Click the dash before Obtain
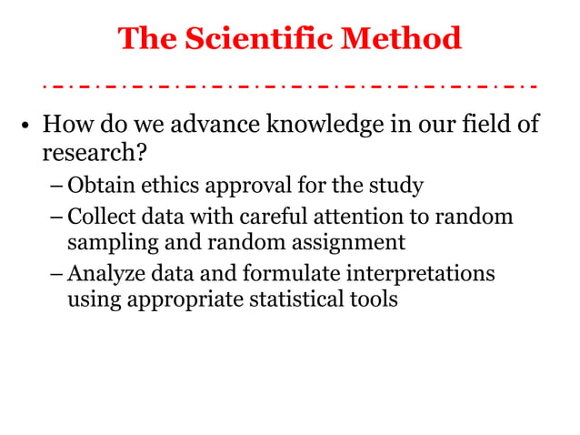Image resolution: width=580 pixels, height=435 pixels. (56, 187)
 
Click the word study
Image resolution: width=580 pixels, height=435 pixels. (397, 187)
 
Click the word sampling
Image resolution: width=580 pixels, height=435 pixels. (105, 244)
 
